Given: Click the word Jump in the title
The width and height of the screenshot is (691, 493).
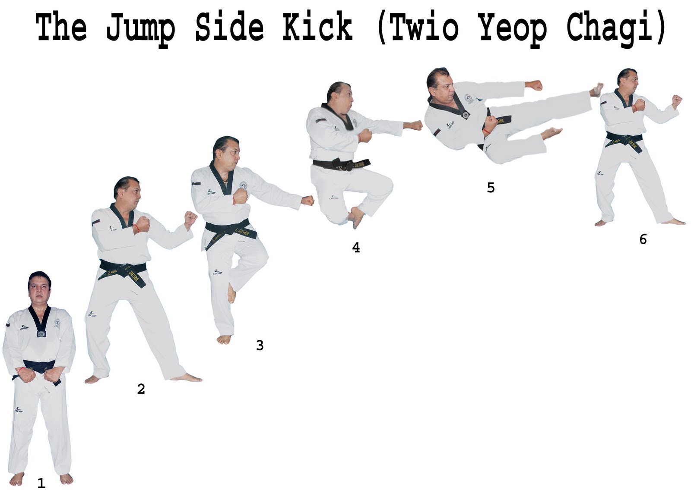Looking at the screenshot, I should [x=141, y=27].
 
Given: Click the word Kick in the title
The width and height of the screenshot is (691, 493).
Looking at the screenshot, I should [x=317, y=27].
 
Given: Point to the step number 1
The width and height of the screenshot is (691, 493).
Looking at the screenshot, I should [x=41, y=484].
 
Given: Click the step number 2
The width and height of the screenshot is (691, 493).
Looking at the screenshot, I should [x=141, y=389].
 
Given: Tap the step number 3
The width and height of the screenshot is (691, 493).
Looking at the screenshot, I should [x=260, y=345].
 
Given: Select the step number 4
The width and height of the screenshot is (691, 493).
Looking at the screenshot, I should [x=356, y=248].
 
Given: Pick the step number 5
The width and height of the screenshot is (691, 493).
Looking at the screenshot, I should [x=491, y=188].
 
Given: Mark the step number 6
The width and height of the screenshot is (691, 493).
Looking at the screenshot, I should [x=643, y=239].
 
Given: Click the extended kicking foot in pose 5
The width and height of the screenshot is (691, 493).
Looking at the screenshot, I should [x=597, y=89].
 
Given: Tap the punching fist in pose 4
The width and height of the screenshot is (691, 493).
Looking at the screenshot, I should [x=415, y=126].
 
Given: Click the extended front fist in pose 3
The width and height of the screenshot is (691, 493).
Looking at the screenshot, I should [x=307, y=201].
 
